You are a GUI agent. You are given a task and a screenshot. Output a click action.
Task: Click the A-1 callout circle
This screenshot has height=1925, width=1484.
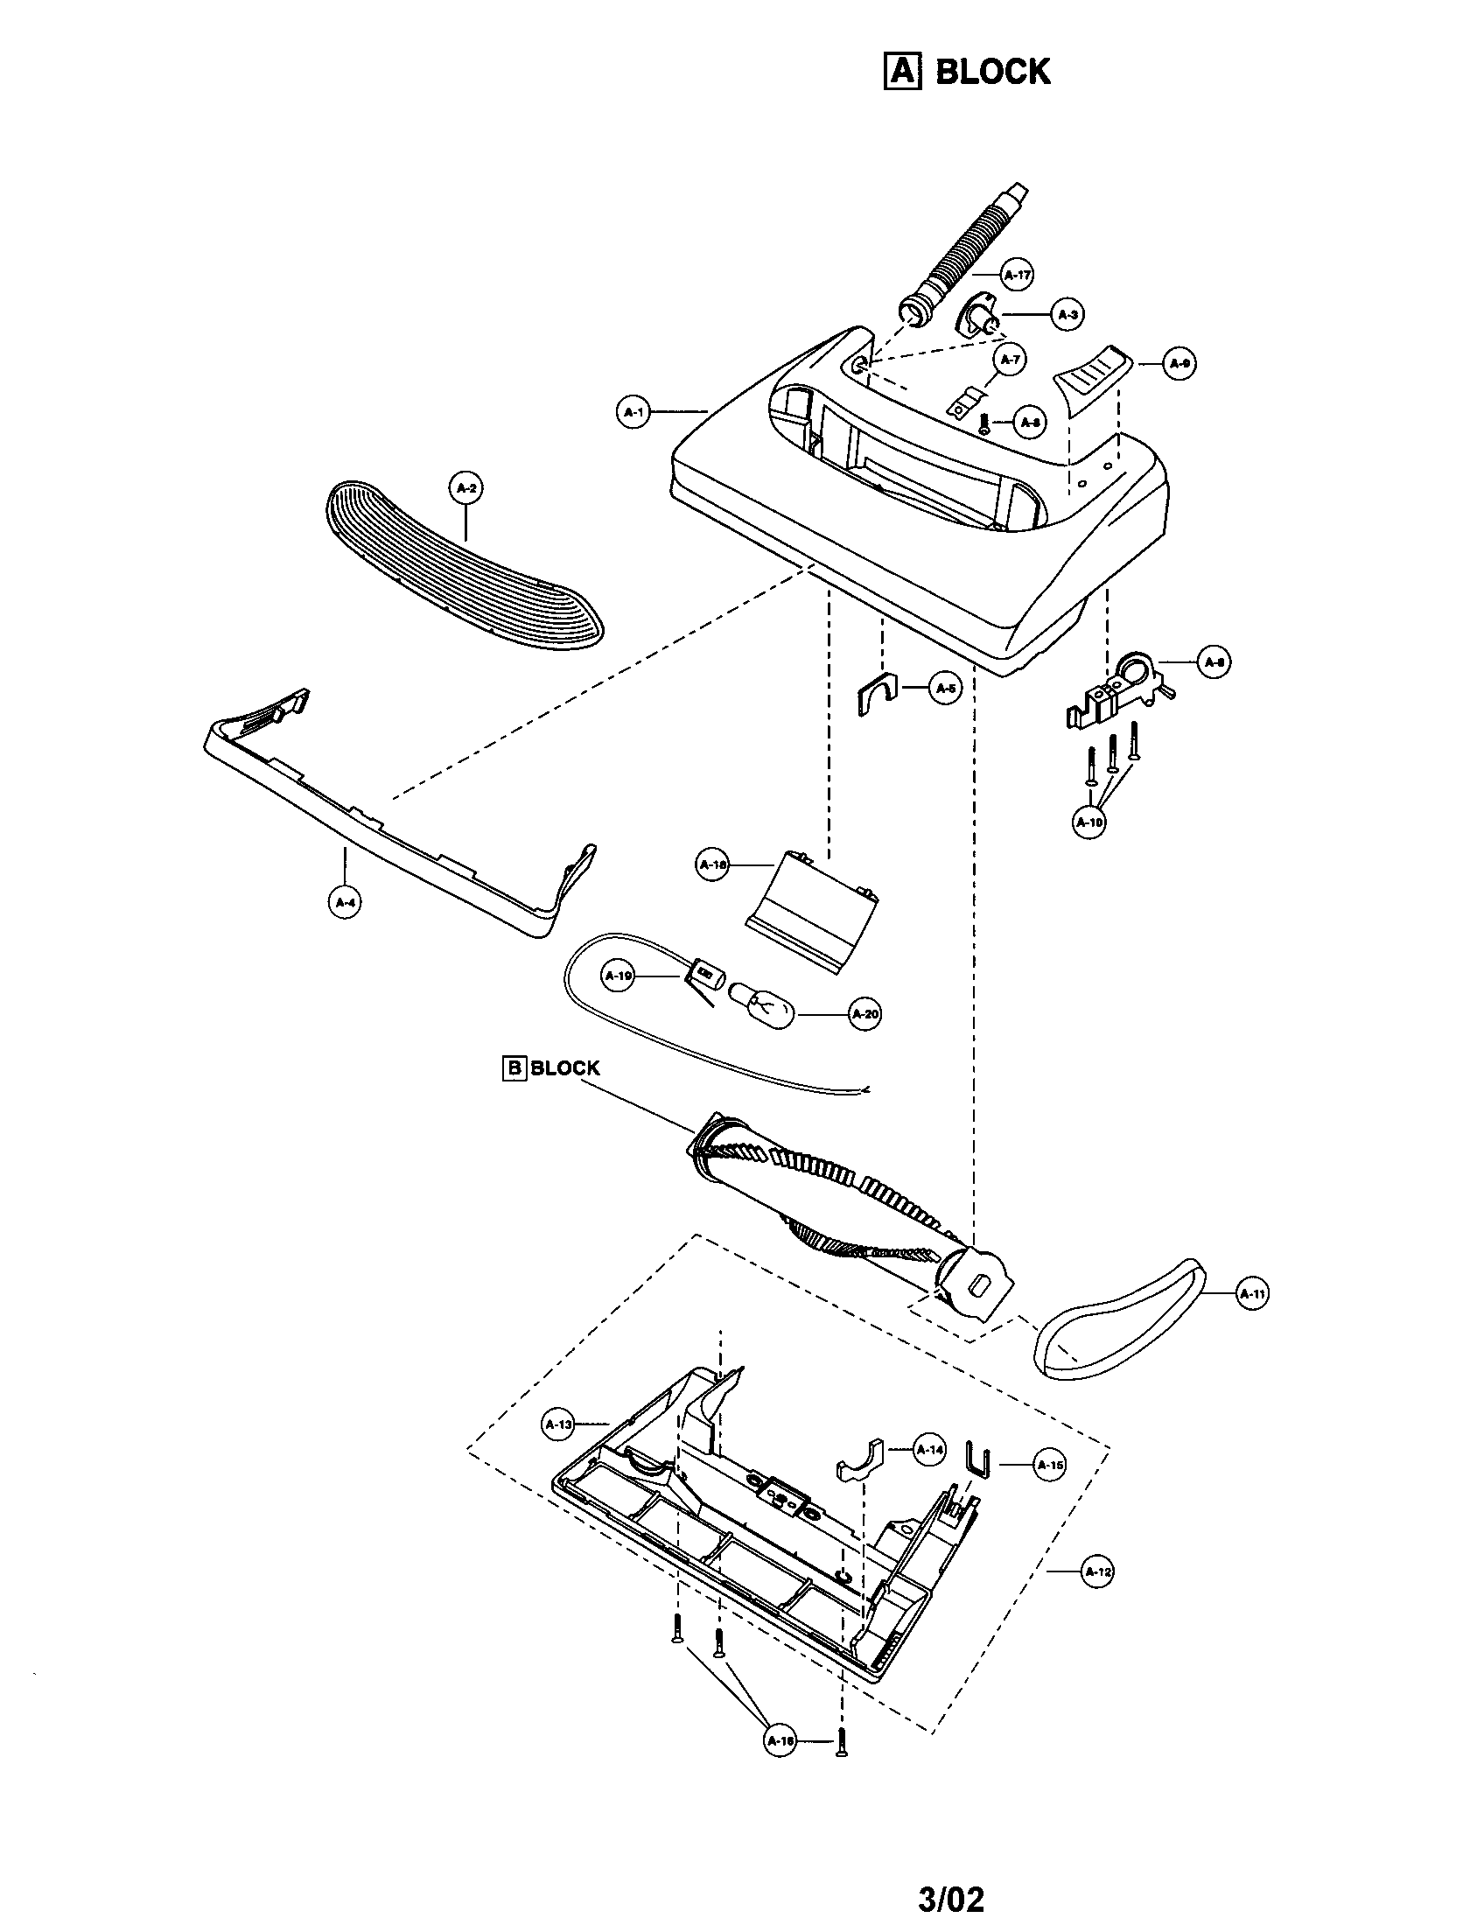pyautogui.click(x=633, y=411)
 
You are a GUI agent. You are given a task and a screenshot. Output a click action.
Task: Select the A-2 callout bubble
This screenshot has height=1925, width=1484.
pyautogui.click(x=466, y=488)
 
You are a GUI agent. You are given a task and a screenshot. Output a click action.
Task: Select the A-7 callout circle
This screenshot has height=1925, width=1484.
pyautogui.click(x=1010, y=360)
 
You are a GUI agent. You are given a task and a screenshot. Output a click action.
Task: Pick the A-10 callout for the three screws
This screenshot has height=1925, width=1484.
pyautogui.click(x=1089, y=822)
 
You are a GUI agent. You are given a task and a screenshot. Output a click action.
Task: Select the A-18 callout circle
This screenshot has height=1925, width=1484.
pyautogui.click(x=712, y=865)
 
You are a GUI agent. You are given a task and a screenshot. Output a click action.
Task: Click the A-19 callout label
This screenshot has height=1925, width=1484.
pyautogui.click(x=619, y=976)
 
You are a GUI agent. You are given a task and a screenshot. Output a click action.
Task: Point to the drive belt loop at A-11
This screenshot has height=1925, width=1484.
pyautogui.click(x=1119, y=1322)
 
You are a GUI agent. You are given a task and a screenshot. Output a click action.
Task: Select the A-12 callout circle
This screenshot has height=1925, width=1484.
pyautogui.click(x=1096, y=1571)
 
